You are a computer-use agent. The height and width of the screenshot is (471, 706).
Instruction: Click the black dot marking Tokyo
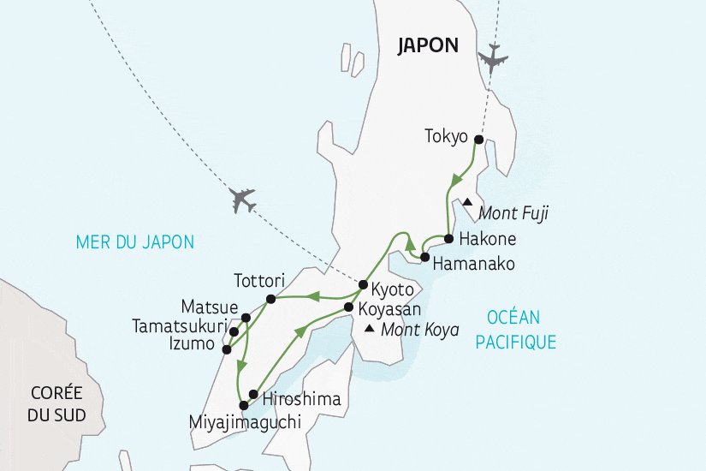point(478,140)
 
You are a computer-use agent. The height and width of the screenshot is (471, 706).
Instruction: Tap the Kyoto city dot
point(363,284)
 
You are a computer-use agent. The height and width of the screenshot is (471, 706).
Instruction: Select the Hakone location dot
point(448,239)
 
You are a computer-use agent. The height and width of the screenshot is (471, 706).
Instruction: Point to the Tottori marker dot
point(270,299)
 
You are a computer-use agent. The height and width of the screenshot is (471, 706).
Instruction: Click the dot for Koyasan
point(348,307)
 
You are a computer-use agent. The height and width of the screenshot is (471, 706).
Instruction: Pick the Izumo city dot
point(226,349)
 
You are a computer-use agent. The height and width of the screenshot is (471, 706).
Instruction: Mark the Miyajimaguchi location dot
point(243,405)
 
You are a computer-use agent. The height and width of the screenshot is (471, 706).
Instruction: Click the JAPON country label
point(428,46)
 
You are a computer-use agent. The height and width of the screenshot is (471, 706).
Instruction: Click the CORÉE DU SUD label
point(56,402)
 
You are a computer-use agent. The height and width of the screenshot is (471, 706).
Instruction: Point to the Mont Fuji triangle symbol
point(467,202)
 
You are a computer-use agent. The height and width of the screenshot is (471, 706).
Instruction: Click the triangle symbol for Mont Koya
point(369,329)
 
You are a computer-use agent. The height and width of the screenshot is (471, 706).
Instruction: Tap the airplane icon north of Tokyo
point(494,57)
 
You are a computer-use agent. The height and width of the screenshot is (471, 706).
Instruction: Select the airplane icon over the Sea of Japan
point(243,200)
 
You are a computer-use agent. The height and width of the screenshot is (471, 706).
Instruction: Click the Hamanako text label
point(473,265)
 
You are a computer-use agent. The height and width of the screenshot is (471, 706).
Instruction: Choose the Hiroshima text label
point(301,399)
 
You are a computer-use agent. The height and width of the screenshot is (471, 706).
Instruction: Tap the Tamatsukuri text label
point(179,326)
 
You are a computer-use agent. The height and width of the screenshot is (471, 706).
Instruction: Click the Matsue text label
point(209,306)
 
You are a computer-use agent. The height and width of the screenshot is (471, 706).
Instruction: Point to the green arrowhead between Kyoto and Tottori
point(313,297)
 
